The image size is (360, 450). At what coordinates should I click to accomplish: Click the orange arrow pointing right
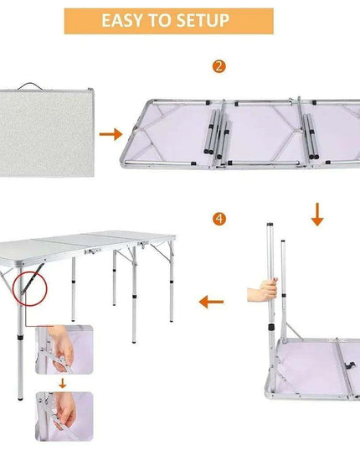point(110,133)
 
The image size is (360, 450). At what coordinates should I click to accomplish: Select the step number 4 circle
point(219,219)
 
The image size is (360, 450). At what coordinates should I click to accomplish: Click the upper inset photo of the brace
point(64,352)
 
